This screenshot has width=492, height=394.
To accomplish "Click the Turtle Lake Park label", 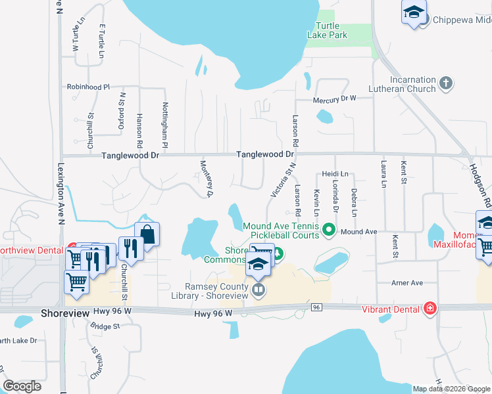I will [327, 30].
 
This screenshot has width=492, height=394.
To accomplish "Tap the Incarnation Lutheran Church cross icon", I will [446, 83].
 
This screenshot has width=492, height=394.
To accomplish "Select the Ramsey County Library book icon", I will [259, 289].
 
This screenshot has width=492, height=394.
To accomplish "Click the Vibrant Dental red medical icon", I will [430, 308].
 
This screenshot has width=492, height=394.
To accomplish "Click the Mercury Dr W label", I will [334, 98].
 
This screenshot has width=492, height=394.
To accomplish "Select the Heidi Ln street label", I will [335, 174].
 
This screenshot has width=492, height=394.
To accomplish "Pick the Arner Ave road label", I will [406, 283].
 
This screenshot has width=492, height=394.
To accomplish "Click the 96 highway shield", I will [316, 307].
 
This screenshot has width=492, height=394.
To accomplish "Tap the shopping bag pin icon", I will [147, 234].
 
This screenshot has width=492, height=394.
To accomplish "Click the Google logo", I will [22, 386].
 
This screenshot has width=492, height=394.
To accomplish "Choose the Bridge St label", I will [105, 325].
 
